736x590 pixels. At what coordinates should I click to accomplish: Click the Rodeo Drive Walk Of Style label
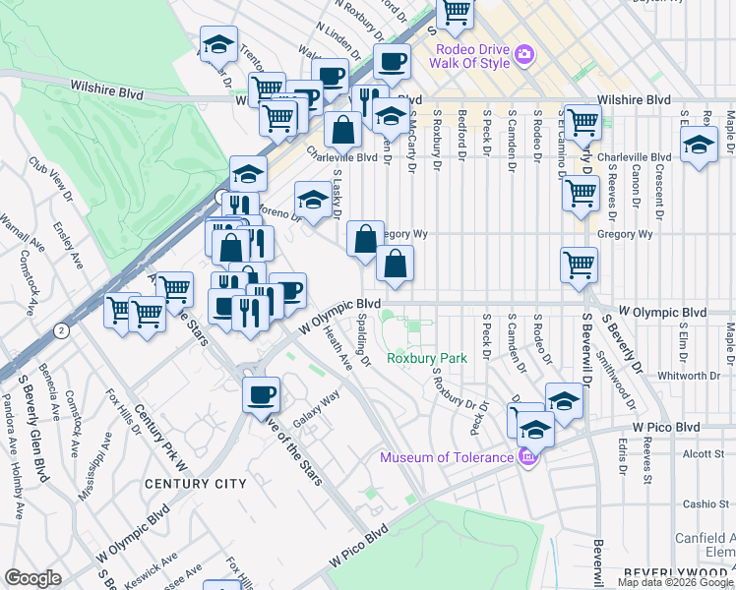[469, 56]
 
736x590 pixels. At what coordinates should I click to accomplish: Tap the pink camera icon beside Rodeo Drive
[525, 52]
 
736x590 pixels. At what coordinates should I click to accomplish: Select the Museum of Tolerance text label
[448, 456]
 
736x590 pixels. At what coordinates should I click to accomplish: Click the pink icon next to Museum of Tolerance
[527, 457]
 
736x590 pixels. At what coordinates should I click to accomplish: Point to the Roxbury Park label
[426, 358]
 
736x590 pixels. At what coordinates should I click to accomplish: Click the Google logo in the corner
[32, 578]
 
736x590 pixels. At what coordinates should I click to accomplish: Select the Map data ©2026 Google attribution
[676, 582]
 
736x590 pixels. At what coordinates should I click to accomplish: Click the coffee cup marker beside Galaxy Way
[261, 394]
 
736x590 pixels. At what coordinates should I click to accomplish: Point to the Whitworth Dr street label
[689, 375]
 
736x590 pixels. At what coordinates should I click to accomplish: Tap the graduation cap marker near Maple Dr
[699, 147]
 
